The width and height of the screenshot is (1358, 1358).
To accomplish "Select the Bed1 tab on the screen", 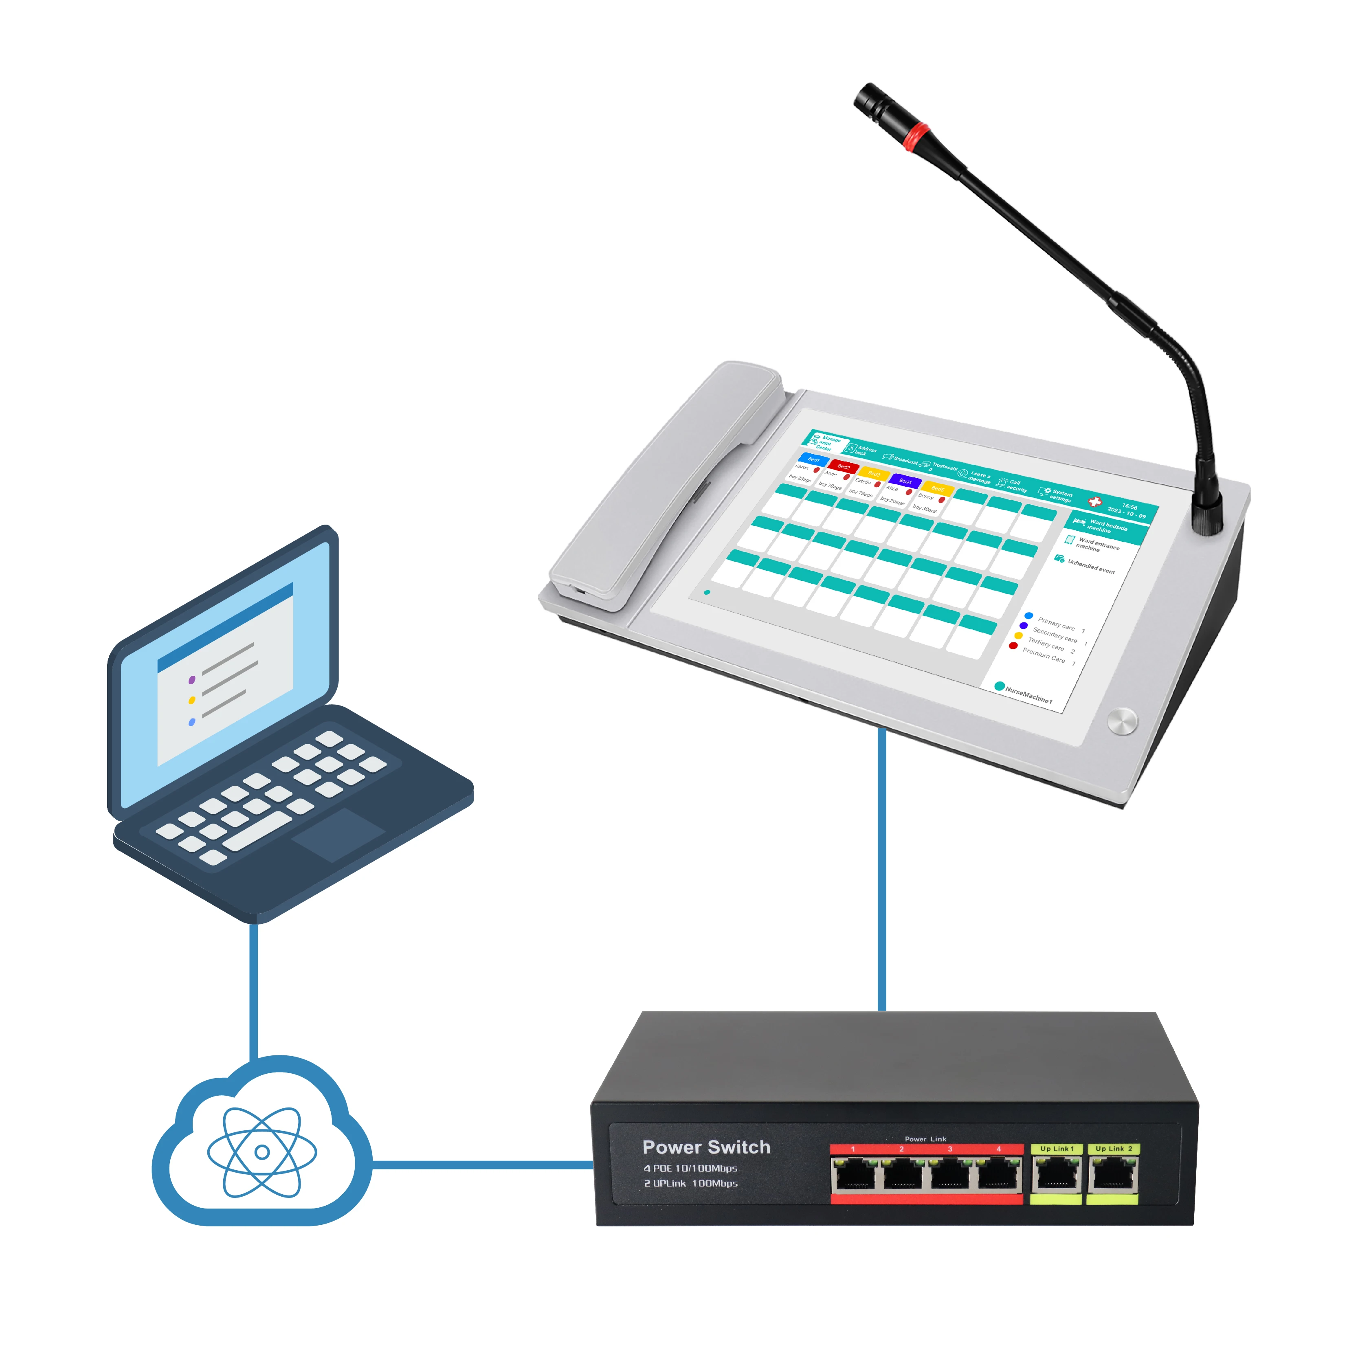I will pyautogui.click(x=813, y=459).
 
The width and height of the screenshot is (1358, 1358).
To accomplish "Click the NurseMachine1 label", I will pyautogui.click(x=1028, y=695).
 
